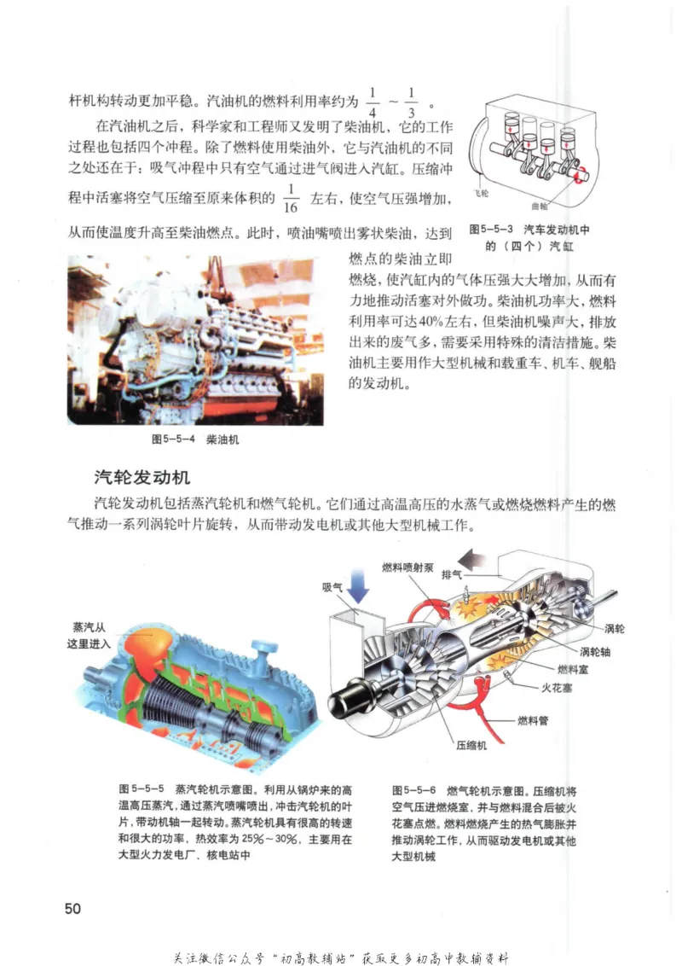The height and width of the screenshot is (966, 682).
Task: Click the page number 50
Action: point(72,908)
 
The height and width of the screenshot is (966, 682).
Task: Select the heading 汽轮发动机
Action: point(142,477)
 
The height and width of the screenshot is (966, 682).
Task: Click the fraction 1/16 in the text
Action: point(290,201)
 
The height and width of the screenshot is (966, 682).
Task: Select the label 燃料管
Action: point(534,719)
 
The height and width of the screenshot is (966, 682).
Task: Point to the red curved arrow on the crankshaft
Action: point(580,175)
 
